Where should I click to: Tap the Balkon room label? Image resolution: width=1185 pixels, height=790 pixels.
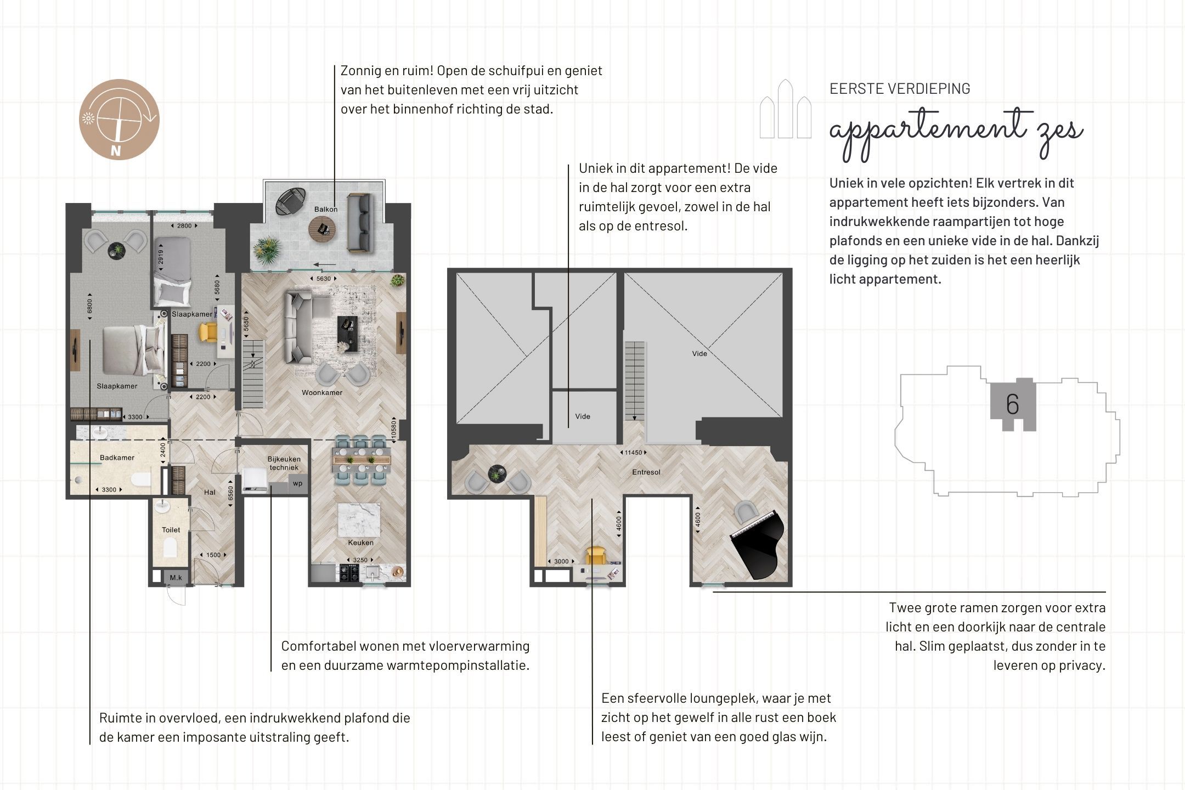click(x=326, y=209)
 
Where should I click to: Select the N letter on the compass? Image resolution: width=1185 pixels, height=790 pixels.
click(x=115, y=151)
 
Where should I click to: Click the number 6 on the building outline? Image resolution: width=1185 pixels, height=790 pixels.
click(x=1012, y=405)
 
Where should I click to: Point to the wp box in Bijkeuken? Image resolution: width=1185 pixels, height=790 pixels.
click(x=297, y=484)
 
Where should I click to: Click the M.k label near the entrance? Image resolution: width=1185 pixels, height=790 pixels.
click(x=176, y=578)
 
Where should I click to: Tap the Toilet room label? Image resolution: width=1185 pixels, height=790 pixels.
click(x=171, y=529)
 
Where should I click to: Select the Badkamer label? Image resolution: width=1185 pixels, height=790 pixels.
click(x=117, y=458)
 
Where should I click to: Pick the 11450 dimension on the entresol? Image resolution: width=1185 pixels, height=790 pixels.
click(x=633, y=453)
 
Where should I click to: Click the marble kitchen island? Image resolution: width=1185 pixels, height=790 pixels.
click(x=359, y=520)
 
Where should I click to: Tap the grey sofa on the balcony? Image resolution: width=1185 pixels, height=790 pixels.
click(x=360, y=222)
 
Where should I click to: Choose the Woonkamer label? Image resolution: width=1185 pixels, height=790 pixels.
click(x=322, y=392)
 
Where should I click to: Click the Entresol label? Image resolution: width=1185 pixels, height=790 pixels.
click(x=646, y=472)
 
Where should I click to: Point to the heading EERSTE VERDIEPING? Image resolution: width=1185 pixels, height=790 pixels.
click(x=900, y=88)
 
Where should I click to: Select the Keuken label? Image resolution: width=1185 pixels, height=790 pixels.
click(x=360, y=543)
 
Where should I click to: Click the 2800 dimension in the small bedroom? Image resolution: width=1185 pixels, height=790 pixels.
click(x=184, y=225)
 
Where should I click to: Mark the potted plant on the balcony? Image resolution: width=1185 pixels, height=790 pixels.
click(x=267, y=250)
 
